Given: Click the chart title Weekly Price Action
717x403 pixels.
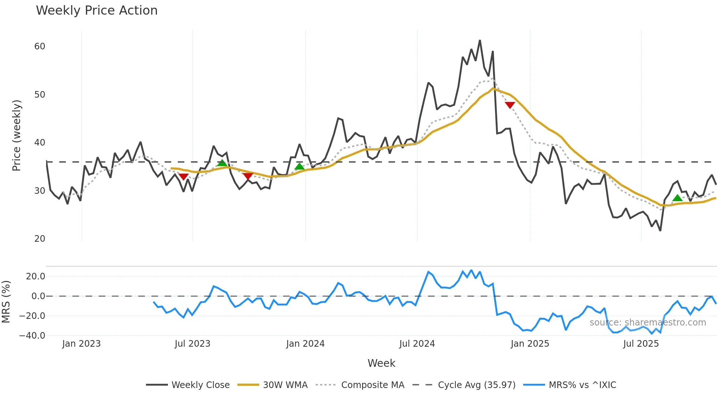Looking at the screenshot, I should click(97, 11).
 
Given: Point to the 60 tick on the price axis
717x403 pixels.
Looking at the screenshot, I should click(40, 46).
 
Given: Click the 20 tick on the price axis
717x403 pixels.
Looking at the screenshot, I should click(40, 239).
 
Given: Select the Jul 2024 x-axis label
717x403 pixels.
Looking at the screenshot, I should click(417, 344).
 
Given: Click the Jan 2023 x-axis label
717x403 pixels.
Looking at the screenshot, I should click(81, 344).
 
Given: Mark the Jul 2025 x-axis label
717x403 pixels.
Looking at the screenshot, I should click(641, 344).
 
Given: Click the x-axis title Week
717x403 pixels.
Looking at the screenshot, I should click(381, 363).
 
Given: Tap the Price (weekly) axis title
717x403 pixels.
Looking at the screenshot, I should click(17, 135).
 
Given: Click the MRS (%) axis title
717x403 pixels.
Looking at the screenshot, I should click(6, 302).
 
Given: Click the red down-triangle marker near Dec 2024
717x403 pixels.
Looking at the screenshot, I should click(510, 105).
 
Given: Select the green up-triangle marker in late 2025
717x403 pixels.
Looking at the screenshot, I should click(677, 198).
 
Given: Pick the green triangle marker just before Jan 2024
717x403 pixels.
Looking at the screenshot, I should click(299, 167).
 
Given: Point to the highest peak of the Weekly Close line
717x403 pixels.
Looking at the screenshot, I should click(480, 41).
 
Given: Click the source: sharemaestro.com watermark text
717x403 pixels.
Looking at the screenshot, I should click(647, 323).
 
